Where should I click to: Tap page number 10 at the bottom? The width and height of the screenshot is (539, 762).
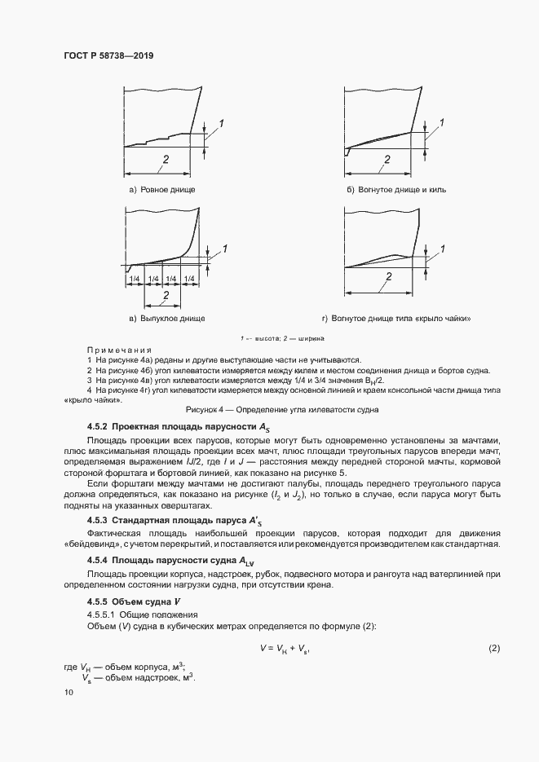[x=68, y=692]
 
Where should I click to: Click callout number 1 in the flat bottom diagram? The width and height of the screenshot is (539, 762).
[x=220, y=122]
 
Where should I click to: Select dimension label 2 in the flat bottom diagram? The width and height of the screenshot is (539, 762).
[x=166, y=160]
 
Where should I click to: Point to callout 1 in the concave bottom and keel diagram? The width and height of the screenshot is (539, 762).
[x=441, y=122]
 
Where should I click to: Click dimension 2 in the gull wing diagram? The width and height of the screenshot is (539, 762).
[x=389, y=277]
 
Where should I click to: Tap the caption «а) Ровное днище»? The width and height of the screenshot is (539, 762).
[x=161, y=190]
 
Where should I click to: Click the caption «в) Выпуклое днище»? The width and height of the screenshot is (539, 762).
[x=161, y=318]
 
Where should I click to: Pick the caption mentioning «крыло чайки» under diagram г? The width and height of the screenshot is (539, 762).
[x=396, y=318]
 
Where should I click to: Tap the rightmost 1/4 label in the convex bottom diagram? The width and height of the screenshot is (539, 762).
[x=190, y=279]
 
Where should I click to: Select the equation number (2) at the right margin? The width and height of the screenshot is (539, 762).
[x=493, y=648]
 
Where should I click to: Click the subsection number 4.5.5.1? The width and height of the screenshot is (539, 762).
[x=102, y=614]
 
